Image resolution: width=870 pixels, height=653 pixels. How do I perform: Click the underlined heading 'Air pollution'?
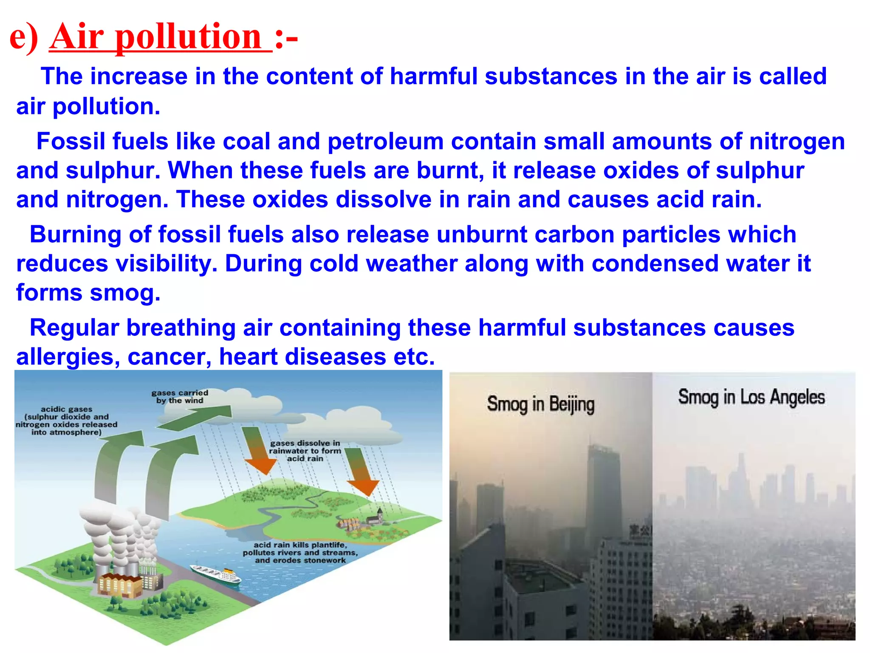(160, 37)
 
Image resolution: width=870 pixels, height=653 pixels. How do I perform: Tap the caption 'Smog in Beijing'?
(540, 404)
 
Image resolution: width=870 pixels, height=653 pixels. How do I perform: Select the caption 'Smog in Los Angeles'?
(751, 397)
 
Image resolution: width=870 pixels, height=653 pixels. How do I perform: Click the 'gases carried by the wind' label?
(180, 396)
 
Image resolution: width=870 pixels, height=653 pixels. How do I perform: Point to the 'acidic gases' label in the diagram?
(66, 420)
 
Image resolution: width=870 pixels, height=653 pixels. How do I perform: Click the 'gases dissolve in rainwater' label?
(305, 451)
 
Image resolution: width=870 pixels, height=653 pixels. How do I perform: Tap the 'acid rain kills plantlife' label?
(300, 552)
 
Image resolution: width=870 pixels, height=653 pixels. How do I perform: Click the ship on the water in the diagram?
(216, 574)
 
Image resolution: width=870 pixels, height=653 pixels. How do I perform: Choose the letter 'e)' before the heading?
(24, 37)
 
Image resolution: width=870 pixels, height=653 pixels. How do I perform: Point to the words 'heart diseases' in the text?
(302, 357)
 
